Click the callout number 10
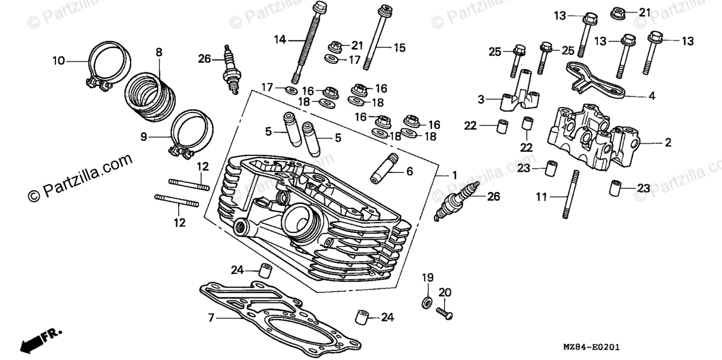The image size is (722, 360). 58,60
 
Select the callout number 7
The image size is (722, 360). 211,317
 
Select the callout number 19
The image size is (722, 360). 427,278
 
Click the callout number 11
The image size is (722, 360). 541,196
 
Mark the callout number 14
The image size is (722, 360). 279,40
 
